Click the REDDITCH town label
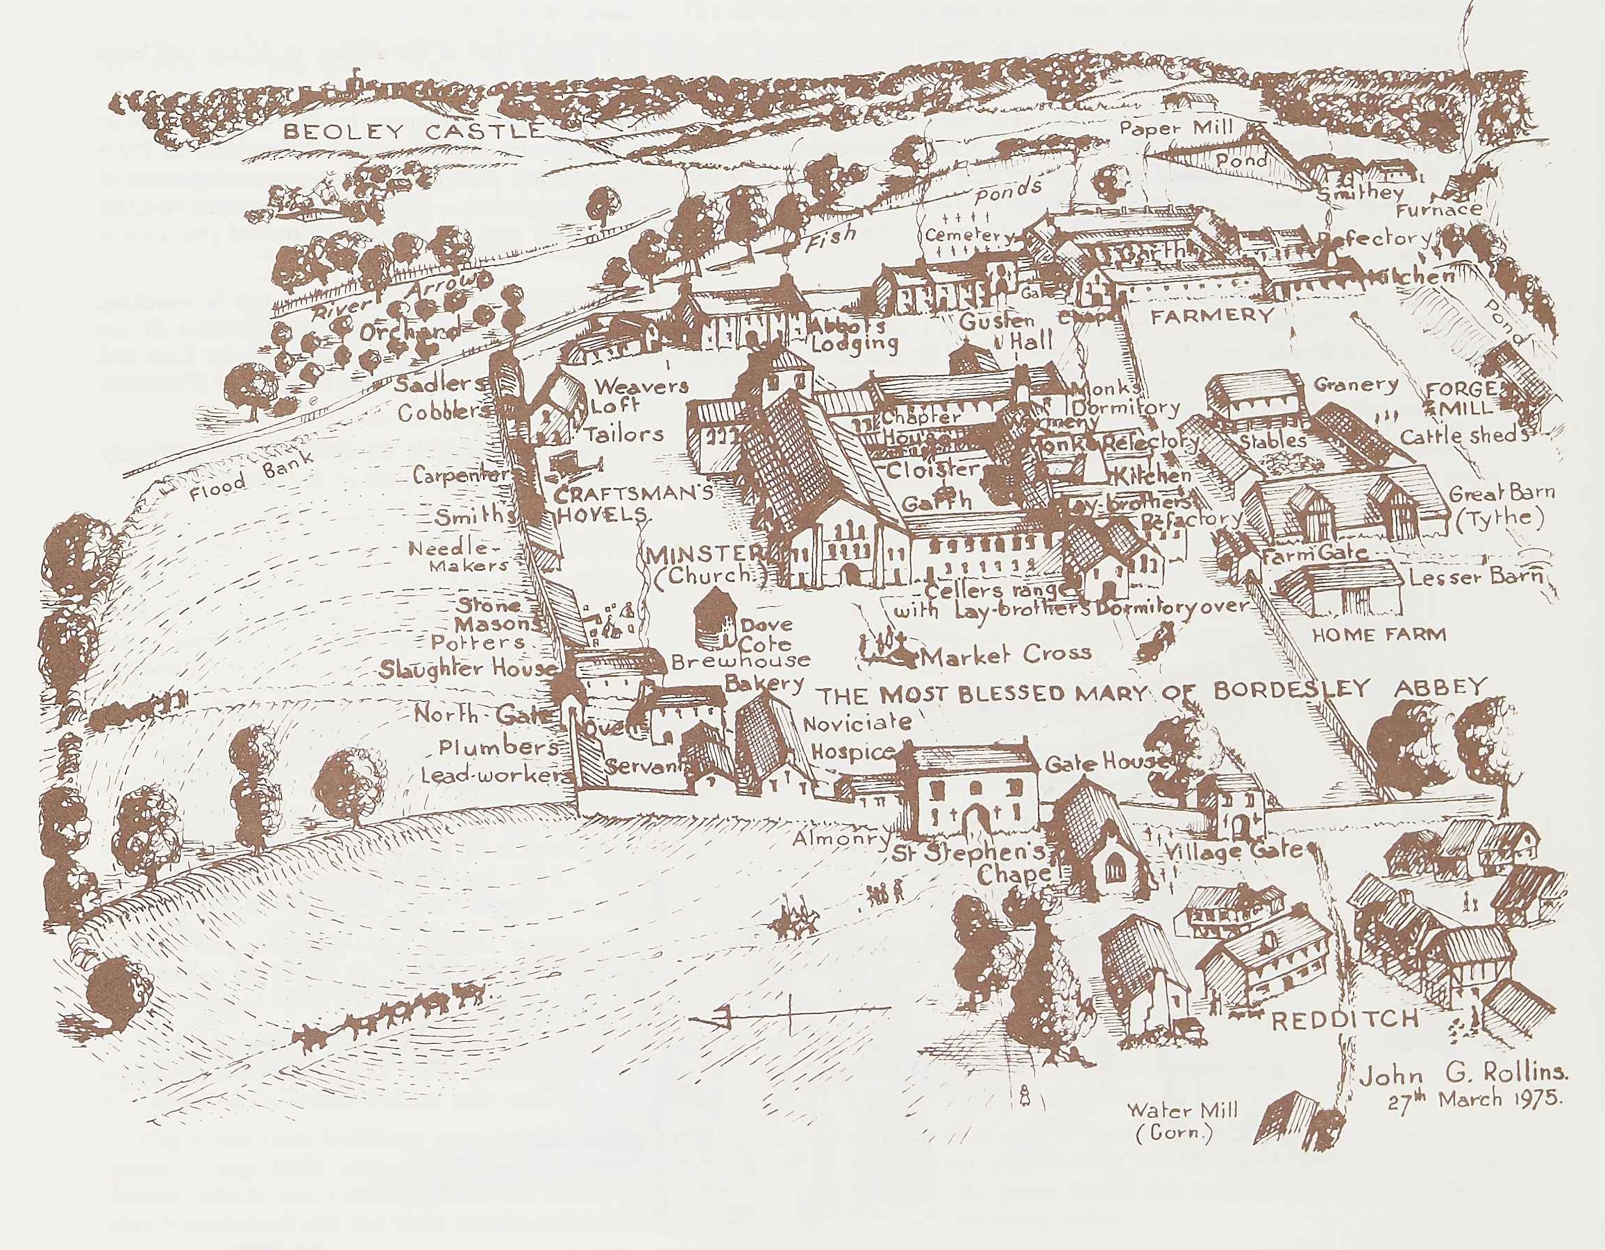click(x=1344, y=1020)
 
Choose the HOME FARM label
click(x=1379, y=635)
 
